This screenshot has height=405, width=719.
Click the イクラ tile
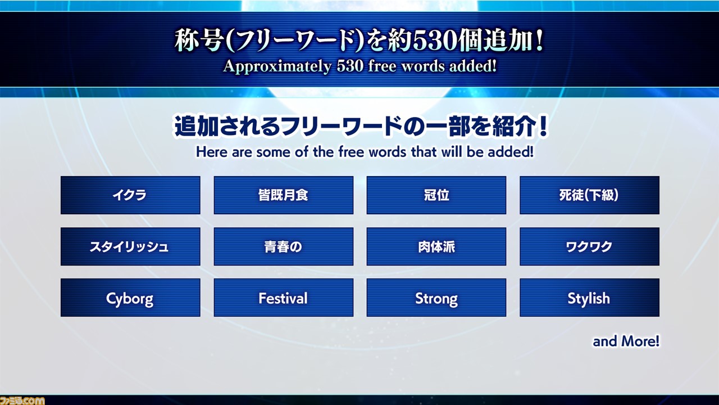pos(130,195)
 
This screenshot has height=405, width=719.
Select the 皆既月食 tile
pos(284,195)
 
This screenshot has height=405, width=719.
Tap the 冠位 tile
pos(436,195)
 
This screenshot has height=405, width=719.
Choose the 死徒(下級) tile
pos(589,195)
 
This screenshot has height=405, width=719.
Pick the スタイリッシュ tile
pos(130,246)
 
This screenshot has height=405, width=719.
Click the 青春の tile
pos(284,246)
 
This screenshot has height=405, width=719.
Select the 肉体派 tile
pos(436,246)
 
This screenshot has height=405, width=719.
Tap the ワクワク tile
pos(589,246)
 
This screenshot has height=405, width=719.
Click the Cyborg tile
pos(130,298)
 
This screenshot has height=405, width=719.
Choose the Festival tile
pos(284,298)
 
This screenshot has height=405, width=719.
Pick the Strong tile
pos(436,298)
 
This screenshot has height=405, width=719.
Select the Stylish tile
pos(589,298)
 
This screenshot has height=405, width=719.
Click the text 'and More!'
pos(626,341)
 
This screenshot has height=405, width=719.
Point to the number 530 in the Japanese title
pos(435,42)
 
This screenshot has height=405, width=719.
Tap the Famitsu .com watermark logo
pos(22,400)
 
